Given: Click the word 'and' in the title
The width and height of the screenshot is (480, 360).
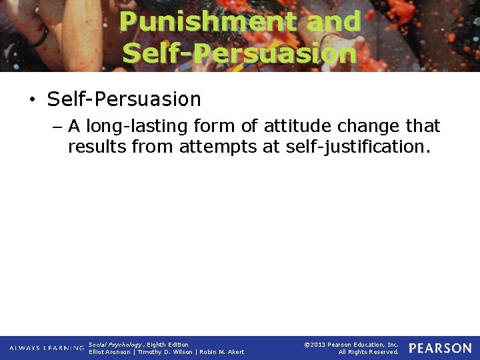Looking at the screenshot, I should [x=333, y=21].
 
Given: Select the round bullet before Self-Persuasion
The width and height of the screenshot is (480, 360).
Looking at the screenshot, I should [x=31, y=100].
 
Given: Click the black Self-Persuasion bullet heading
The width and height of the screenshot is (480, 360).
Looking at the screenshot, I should [x=124, y=99].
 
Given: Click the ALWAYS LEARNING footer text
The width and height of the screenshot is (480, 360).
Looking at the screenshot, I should [x=47, y=348].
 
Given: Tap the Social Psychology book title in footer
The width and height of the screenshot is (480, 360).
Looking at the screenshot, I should [x=115, y=344].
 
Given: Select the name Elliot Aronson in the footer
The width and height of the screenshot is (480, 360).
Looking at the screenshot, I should [x=110, y=352].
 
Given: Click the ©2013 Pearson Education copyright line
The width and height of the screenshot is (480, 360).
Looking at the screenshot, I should [x=351, y=344].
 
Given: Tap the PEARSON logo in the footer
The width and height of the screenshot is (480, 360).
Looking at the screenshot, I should [x=440, y=348].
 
